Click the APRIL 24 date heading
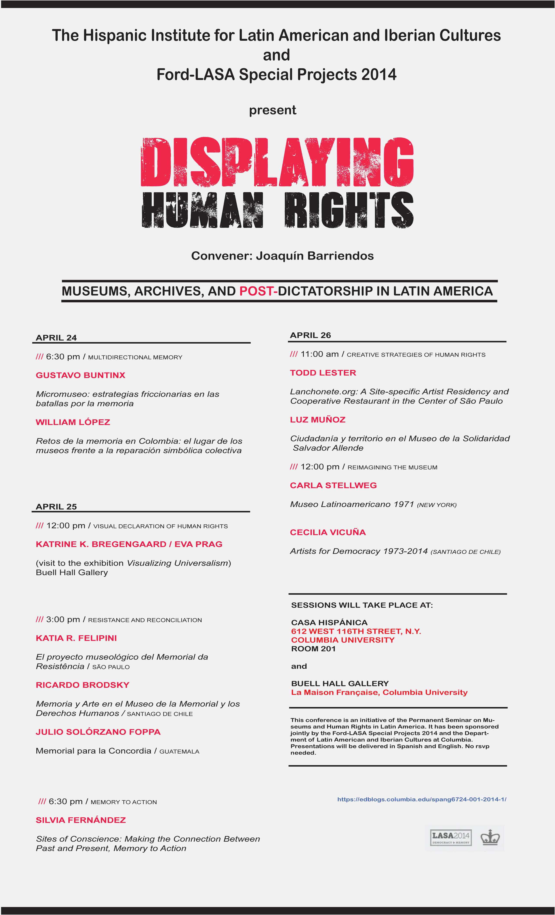[x=56, y=337]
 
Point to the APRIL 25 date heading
[x=56, y=507]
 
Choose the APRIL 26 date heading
[x=310, y=335]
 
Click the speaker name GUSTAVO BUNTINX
[x=81, y=375]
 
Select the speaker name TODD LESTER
[x=323, y=373]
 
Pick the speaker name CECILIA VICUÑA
[x=328, y=532]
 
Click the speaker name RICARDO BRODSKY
[x=82, y=685]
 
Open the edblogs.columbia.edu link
[x=421, y=799]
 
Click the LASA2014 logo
[x=450, y=837]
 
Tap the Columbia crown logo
[x=490, y=837]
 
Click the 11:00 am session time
[x=320, y=354]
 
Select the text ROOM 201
[x=313, y=649]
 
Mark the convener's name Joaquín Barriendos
[x=314, y=256]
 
